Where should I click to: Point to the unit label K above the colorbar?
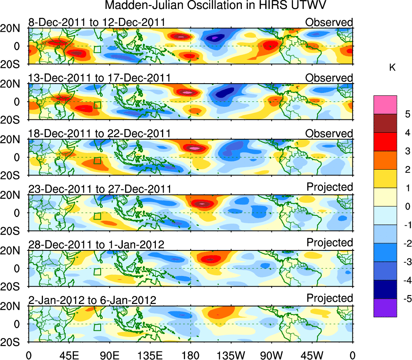coord(392,67)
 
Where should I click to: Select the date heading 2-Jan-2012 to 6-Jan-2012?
coord(92,300)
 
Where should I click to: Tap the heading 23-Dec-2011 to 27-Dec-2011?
coord(99,189)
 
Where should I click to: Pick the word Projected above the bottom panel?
coord(330,298)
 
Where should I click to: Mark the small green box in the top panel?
coord(97,49)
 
